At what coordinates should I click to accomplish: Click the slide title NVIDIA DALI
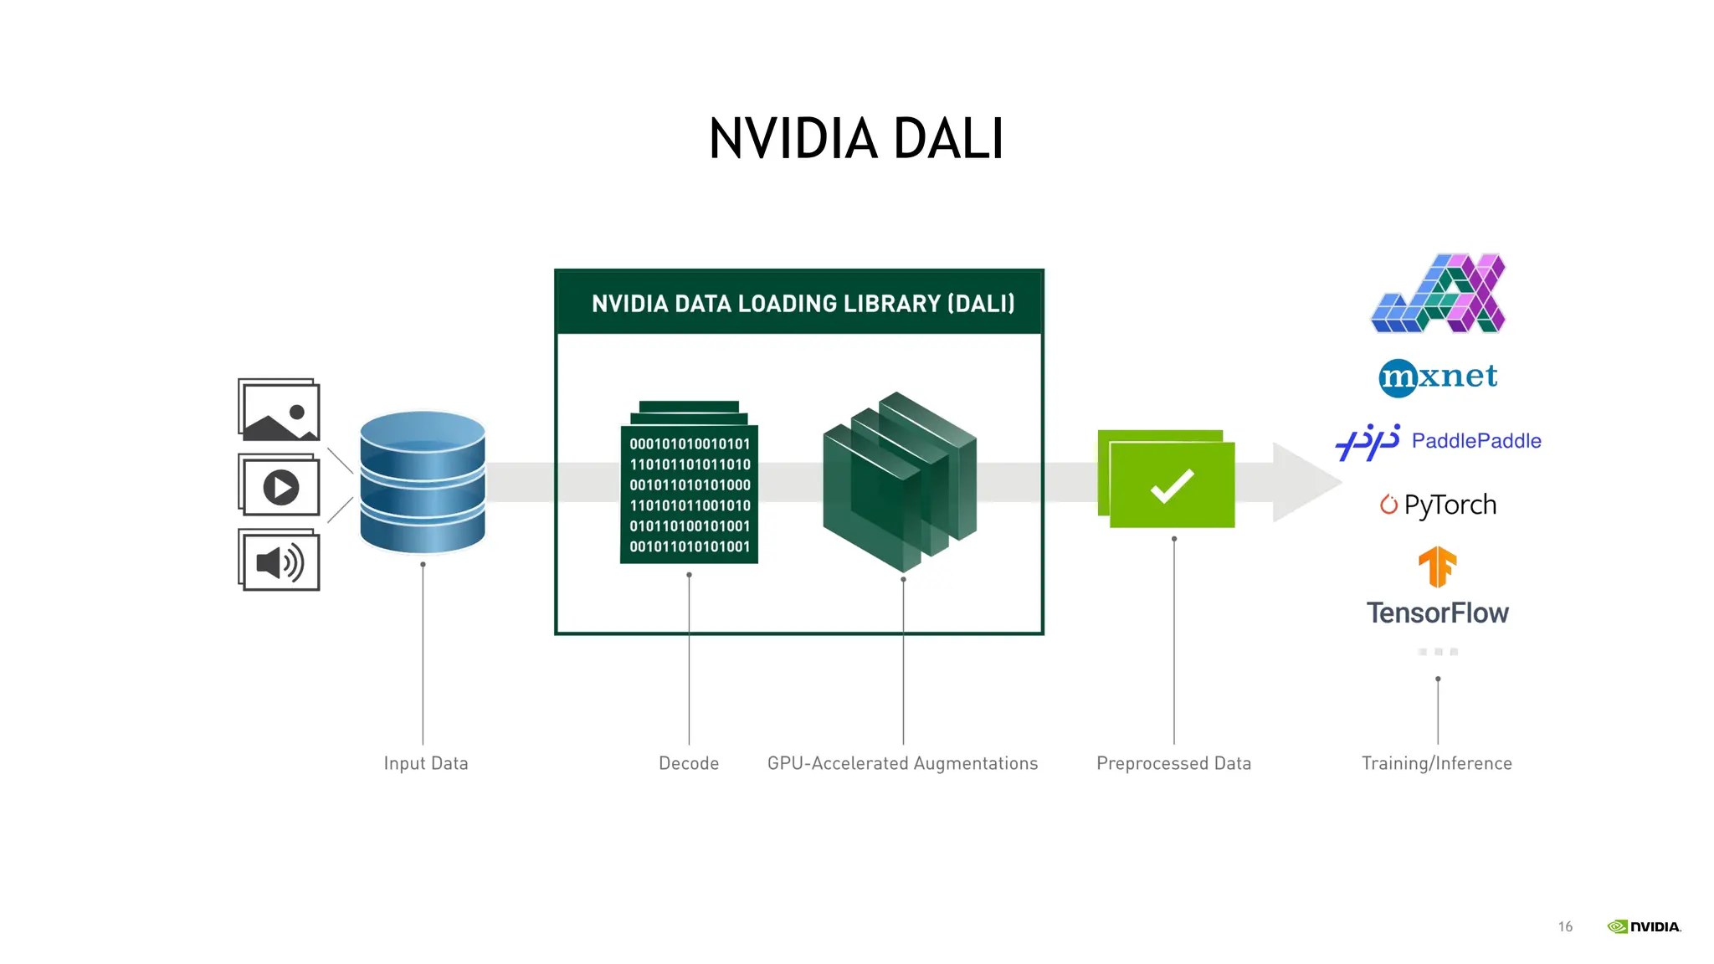click(x=855, y=138)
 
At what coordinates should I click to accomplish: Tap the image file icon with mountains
click(x=279, y=410)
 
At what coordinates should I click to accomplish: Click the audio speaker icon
click(x=280, y=561)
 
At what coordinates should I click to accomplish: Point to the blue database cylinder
click(x=423, y=482)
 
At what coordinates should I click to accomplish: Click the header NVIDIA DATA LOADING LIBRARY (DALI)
click(x=802, y=304)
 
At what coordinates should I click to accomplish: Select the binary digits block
click(x=689, y=494)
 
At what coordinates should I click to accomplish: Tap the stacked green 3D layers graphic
click(x=900, y=481)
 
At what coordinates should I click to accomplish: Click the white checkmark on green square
click(x=1172, y=485)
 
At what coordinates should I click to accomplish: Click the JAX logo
click(x=1439, y=294)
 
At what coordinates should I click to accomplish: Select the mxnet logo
click(x=1438, y=377)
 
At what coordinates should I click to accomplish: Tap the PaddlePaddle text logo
click(x=1475, y=441)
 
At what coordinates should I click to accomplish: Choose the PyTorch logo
click(x=1439, y=505)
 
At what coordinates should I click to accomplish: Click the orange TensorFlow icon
click(x=1437, y=567)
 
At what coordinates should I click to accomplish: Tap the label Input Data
click(x=425, y=763)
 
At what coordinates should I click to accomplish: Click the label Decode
click(x=688, y=763)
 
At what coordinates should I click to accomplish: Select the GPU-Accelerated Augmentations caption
click(x=902, y=763)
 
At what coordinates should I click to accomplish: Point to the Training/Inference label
click(x=1436, y=763)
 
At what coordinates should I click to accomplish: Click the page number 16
click(x=1565, y=926)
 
